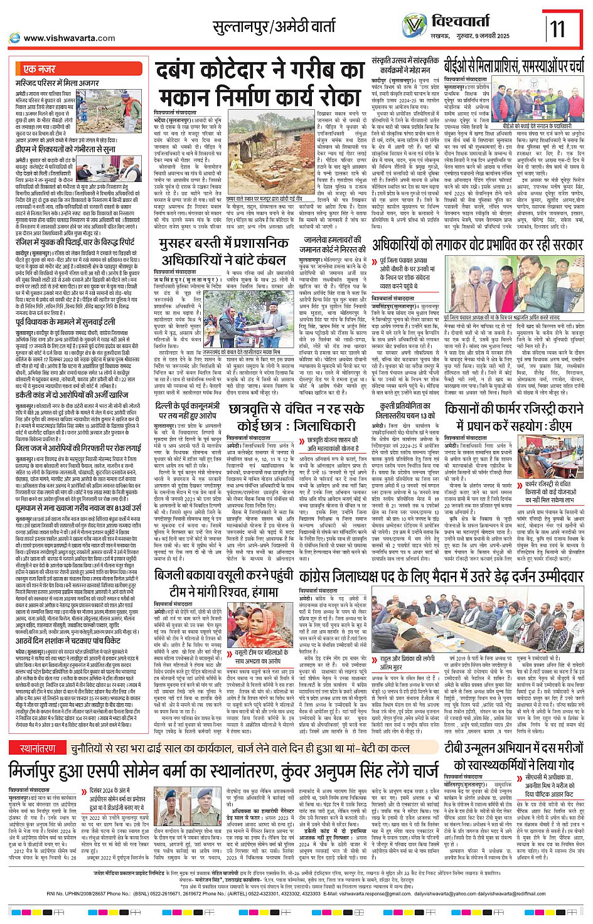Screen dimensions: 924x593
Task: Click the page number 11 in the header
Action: coord(557,28)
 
